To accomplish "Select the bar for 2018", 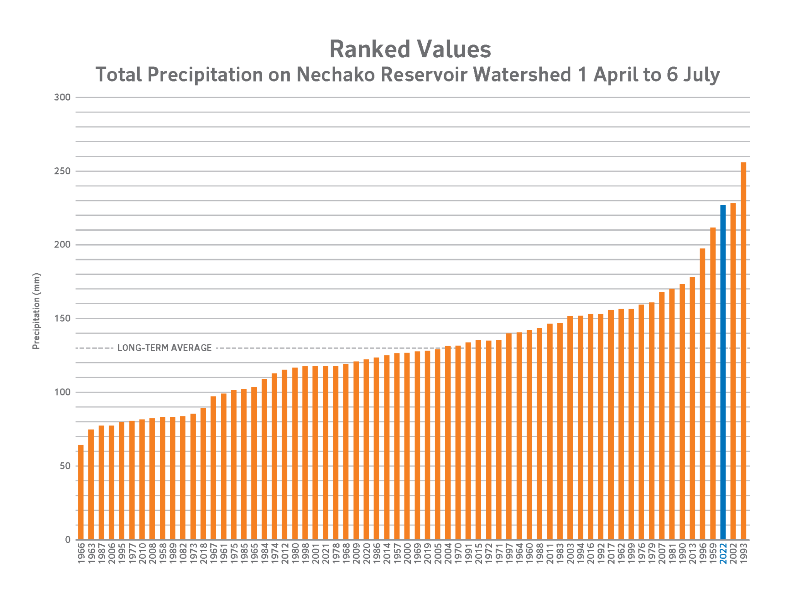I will [203, 473].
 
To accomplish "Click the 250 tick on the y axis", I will [62, 171].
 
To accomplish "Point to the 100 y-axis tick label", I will [62, 392].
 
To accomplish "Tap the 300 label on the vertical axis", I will [62, 97].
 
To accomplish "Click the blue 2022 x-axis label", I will [723, 553].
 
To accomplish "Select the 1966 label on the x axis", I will [81, 553].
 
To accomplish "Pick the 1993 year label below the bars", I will [743, 553].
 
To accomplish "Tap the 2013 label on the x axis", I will [692, 553].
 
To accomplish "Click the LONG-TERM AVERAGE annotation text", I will [164, 348].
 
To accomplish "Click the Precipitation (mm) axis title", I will [36, 311].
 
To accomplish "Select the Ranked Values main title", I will [410, 49].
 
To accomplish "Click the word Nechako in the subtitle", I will [335, 74].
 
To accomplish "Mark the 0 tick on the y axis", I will [68, 539].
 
